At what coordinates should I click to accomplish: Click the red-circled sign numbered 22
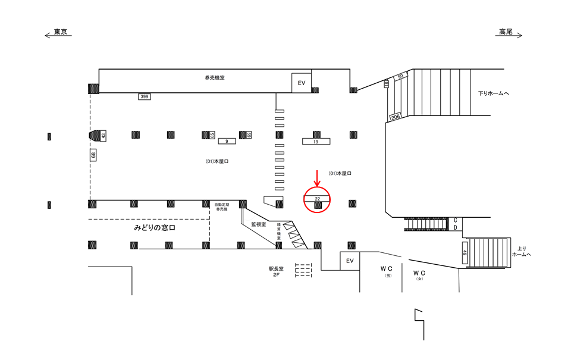318,198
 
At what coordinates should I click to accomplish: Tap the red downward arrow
318,177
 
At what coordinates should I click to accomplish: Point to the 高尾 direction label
506,32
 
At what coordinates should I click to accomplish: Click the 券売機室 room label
215,77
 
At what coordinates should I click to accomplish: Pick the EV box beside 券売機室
302,83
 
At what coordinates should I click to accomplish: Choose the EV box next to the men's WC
350,261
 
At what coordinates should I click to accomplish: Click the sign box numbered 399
144,96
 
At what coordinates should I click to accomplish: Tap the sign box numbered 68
93,155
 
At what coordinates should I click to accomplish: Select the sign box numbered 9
227,141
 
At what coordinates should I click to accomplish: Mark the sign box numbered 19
316,142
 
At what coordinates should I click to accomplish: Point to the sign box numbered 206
395,117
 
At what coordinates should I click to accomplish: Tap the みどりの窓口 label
155,228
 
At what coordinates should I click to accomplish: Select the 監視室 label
258,224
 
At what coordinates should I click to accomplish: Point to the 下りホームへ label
494,93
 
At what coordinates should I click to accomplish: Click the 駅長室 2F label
276,272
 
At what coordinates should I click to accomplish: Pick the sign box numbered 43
103,136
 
